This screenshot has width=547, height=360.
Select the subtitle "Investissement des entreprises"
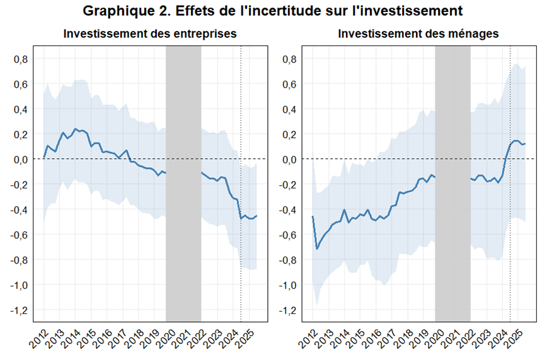[x=150, y=35]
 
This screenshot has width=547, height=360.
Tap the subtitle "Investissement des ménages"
[x=418, y=35]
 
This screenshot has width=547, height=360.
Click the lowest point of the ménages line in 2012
[x=317, y=249]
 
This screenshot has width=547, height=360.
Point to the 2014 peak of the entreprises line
[x=76, y=129]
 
